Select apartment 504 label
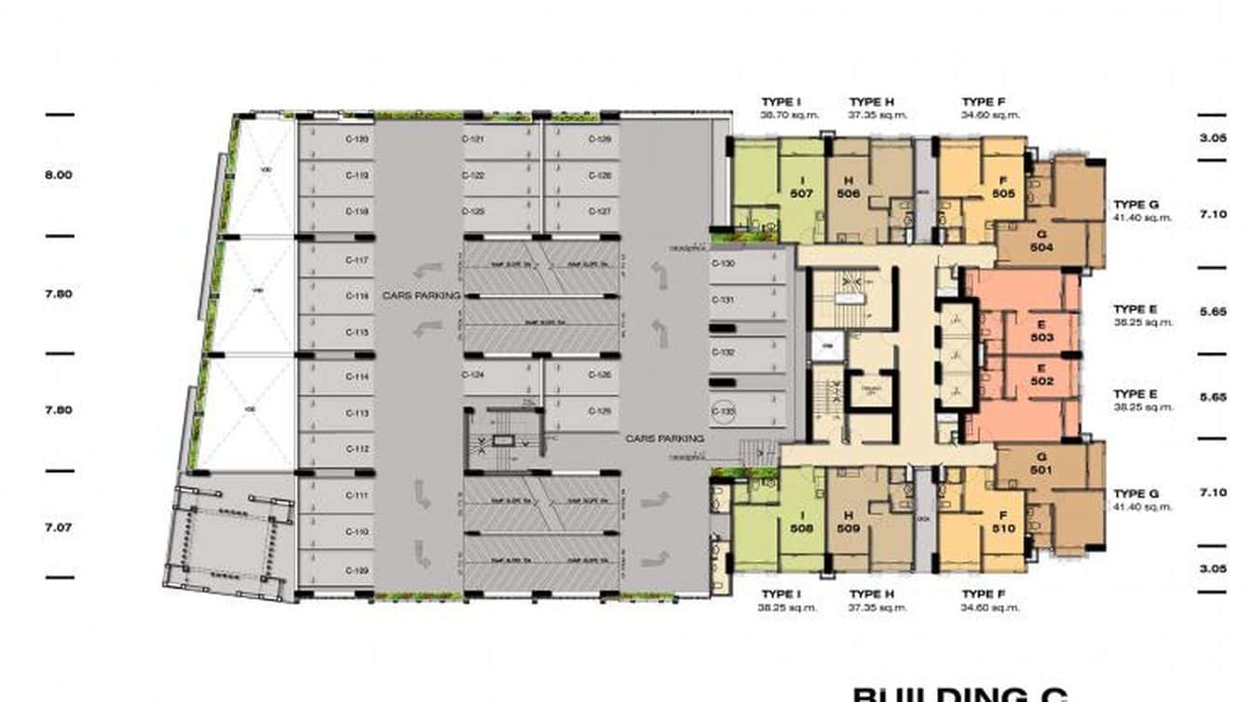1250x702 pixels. (1041, 248)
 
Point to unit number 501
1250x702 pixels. (1041, 470)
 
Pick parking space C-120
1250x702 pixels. (358, 140)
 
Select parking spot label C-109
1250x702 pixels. (358, 570)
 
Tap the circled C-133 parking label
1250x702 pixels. (724, 411)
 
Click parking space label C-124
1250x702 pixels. (473, 375)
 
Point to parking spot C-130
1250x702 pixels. (723, 264)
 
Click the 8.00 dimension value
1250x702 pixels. (59, 175)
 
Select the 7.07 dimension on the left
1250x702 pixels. (59, 527)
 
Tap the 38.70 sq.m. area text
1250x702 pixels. (781, 115)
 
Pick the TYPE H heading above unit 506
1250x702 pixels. (872, 101)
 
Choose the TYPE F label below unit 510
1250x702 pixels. (985, 594)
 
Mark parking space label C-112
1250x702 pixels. (358, 449)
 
